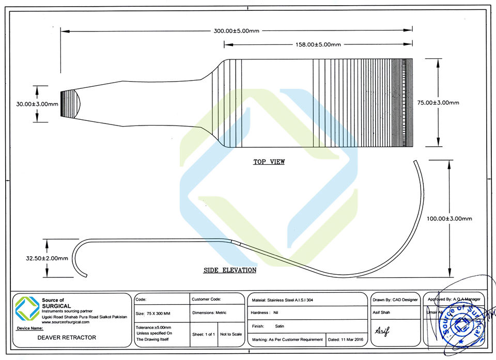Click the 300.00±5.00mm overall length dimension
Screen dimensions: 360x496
point(236,31)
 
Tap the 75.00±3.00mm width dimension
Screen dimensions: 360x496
point(438,103)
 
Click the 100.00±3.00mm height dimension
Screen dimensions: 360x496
point(449,218)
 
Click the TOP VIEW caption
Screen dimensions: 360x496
point(269,162)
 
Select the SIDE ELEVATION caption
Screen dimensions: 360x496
point(230,270)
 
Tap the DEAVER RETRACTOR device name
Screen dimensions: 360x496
point(67,338)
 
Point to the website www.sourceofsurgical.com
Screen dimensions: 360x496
point(66,322)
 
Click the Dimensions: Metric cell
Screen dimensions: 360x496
point(209,313)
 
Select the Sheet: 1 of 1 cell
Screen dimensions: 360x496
point(203,334)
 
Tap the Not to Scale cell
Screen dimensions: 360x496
point(231,334)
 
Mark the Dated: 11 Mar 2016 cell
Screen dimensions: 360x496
point(346,340)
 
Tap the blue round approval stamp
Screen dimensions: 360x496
point(459,324)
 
